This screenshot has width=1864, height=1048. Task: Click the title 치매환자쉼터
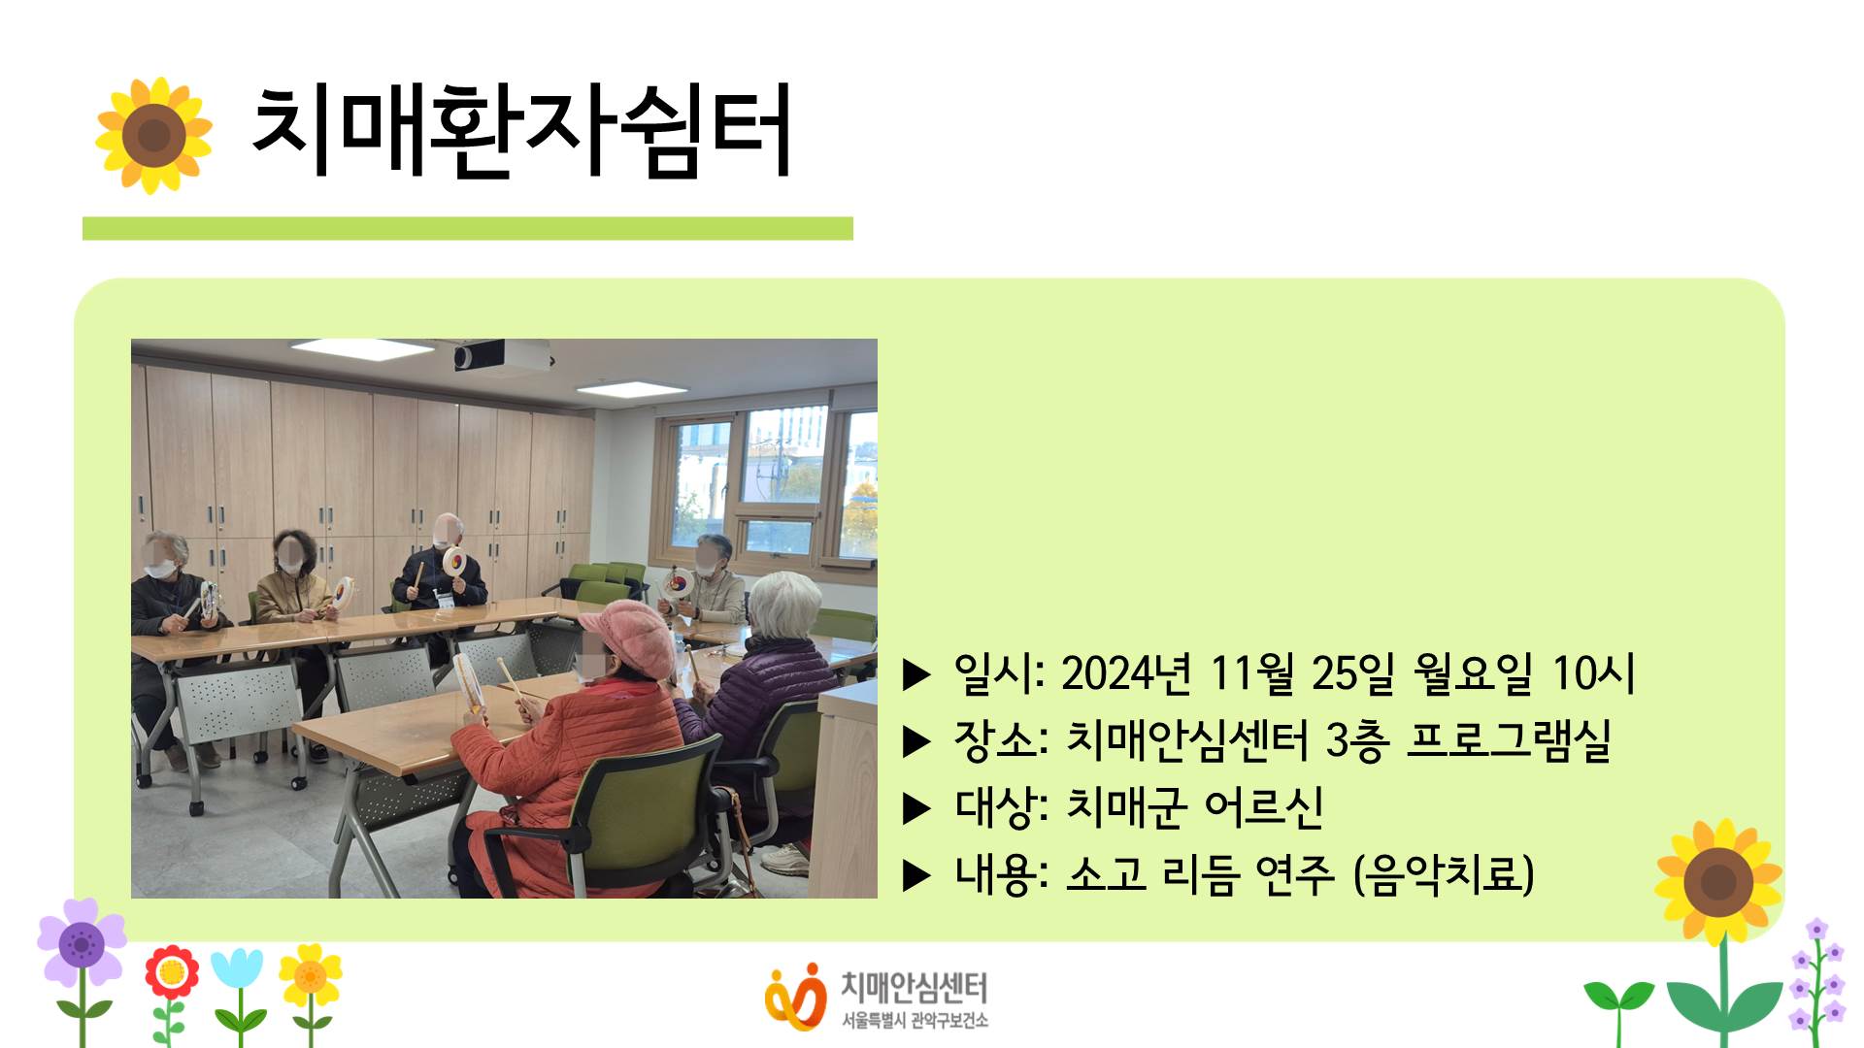pyautogui.click(x=521, y=131)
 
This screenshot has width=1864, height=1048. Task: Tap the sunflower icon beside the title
pyautogui.click(x=153, y=135)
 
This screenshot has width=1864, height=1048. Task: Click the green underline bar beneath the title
pyautogui.click(x=468, y=228)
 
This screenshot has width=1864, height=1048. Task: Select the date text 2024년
pyautogui.click(x=1125, y=672)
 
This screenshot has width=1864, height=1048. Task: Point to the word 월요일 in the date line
pyautogui.click(x=1473, y=672)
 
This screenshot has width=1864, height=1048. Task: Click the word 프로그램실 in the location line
pyautogui.click(x=1509, y=740)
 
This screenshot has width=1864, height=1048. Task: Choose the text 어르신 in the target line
pyautogui.click(x=1263, y=806)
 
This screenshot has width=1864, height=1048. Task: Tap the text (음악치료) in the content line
pyautogui.click(x=1444, y=874)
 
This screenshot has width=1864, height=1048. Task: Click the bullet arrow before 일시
pyautogui.click(x=916, y=674)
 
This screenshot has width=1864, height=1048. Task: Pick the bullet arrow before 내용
pyautogui.click(x=916, y=876)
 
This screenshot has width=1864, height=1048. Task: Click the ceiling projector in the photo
pyautogui.click(x=502, y=355)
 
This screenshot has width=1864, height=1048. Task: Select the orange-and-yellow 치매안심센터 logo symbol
pyautogui.click(x=795, y=997)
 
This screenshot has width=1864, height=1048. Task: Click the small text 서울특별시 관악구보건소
pyautogui.click(x=915, y=1020)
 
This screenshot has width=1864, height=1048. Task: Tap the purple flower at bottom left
pyautogui.click(x=82, y=941)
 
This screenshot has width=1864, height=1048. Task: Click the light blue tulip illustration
pyautogui.click(x=237, y=970)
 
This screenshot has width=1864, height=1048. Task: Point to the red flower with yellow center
pyautogui.click(x=172, y=971)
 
